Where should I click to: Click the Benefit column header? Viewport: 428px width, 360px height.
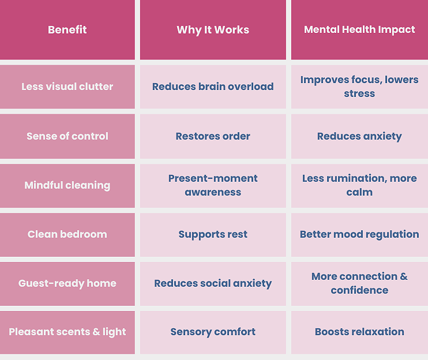pos(67,30)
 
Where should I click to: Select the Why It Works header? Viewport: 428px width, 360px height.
pos(213,30)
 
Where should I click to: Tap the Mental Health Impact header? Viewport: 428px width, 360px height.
pos(359,30)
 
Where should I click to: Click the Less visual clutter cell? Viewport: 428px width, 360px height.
pos(67,87)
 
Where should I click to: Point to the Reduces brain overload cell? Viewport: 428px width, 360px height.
pos(213,87)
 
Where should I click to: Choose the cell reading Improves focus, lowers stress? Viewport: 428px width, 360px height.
pos(359,87)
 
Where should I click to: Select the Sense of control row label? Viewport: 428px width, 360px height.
pos(67,136)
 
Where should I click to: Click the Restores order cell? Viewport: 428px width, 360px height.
pos(213,136)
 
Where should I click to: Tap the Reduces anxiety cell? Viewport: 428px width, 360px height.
pos(359,136)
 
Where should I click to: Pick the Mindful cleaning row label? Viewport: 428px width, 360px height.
pos(67,185)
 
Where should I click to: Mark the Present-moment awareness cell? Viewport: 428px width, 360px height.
pos(213,185)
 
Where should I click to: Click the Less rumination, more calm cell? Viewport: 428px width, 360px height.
pos(359,185)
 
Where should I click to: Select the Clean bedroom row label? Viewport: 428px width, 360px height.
pos(67,234)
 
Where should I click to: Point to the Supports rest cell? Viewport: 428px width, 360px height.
pos(213,234)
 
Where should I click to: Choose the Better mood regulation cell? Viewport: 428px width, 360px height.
pos(359,234)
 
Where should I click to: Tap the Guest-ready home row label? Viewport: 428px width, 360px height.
pos(67,283)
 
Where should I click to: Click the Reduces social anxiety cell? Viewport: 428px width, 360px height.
pos(213,283)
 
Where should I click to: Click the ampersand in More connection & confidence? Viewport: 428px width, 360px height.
pos(403,277)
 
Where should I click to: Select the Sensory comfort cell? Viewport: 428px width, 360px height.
pos(213,332)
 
